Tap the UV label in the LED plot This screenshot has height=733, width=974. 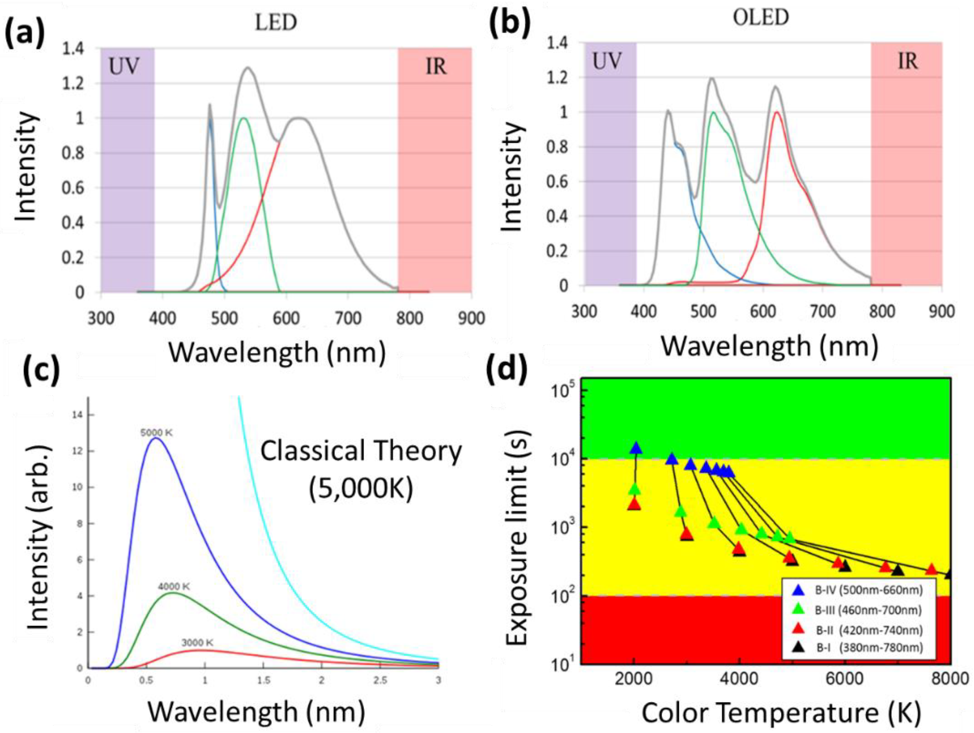(x=123, y=67)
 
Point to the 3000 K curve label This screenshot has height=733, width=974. (x=197, y=643)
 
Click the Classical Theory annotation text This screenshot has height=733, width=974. (x=361, y=452)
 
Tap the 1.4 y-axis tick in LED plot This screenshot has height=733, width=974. (x=74, y=49)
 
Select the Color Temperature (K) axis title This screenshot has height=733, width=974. (x=782, y=713)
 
